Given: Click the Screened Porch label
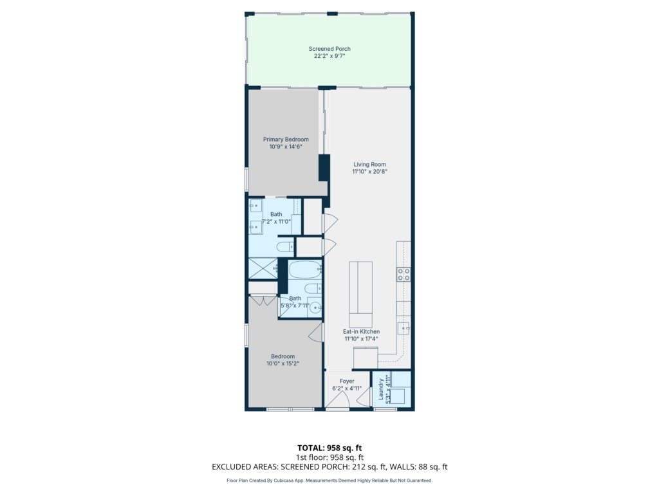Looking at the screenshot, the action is click(x=329, y=49).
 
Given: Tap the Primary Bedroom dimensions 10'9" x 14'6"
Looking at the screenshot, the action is click(x=286, y=147).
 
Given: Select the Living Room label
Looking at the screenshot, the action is click(x=369, y=164).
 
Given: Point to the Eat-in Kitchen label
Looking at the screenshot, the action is click(x=361, y=331).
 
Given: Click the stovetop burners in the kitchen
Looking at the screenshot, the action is click(x=404, y=275).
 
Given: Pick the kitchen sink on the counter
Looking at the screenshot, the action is click(x=404, y=327).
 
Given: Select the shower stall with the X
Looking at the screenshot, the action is click(x=263, y=268).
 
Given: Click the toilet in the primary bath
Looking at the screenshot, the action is click(x=285, y=246).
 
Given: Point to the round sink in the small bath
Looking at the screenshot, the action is click(x=315, y=309).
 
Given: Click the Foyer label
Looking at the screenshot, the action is click(x=347, y=381).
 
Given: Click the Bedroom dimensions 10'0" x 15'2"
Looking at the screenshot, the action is click(x=283, y=364).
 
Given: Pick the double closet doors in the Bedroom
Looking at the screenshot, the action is click(x=263, y=301).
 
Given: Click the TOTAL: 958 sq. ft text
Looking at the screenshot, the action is click(x=329, y=448).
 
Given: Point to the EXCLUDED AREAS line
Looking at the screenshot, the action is click(x=329, y=467).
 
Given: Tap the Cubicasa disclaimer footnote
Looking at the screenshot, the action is click(x=329, y=480).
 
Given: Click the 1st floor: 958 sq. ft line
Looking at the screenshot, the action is click(x=329, y=457).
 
